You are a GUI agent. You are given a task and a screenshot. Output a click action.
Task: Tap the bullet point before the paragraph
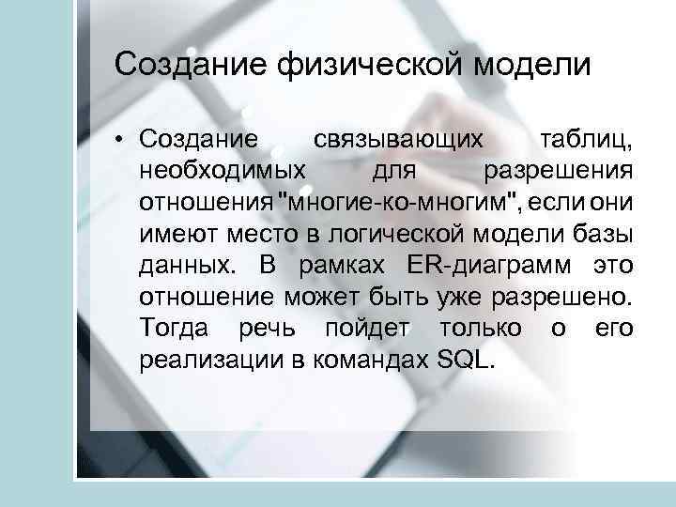tap(121, 141)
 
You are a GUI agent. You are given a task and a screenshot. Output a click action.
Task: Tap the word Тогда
tap(169, 328)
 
